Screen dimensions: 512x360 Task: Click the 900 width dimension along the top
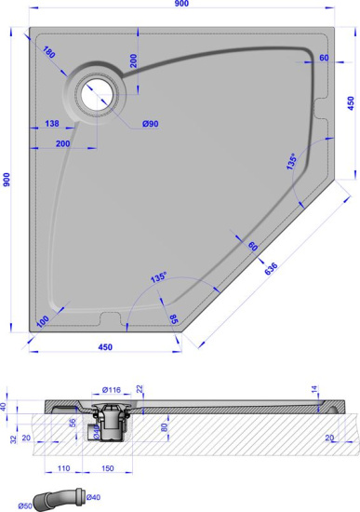(180, 7)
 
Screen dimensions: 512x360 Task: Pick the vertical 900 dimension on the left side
(7, 178)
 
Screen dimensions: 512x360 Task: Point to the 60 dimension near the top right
(325, 58)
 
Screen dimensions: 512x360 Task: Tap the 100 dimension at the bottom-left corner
(43, 321)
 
